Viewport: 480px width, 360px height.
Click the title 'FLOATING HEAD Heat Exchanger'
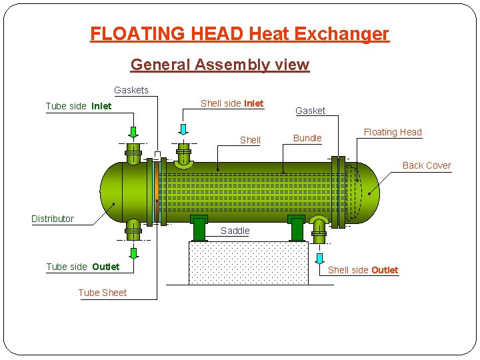239,33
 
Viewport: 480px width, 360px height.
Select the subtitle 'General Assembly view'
220,65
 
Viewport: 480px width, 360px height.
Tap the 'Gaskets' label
131,90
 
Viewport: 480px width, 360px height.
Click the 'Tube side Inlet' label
78,106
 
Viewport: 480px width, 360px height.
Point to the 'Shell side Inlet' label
232,103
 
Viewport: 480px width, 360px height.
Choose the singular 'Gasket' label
310,111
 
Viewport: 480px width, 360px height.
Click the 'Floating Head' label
393,132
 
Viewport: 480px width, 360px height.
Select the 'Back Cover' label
427,165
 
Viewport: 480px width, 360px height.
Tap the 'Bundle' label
307,138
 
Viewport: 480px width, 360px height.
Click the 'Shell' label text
250,140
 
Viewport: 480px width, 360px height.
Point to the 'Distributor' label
53,219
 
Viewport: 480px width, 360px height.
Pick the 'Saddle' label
235,231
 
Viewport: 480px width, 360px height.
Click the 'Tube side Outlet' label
83,267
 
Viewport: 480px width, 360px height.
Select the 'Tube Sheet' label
102,293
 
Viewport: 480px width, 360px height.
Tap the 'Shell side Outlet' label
363,270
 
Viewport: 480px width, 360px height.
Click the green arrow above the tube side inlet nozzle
133,131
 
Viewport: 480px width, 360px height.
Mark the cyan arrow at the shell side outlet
320,258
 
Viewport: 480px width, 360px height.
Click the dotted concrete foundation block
248,263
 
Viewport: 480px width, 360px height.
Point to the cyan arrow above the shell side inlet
183,130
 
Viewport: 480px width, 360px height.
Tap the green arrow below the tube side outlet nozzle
133,253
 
